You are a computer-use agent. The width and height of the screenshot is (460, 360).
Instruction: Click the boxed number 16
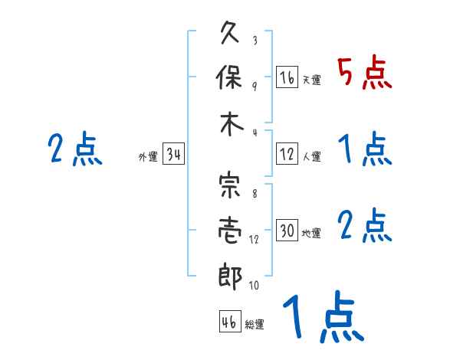287,77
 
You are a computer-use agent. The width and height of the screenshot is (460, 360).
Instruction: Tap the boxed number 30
287,231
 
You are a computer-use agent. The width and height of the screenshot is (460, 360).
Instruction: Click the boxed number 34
173,155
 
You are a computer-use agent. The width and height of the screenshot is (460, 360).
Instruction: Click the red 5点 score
364,74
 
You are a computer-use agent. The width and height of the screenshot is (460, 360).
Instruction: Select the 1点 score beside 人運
365,149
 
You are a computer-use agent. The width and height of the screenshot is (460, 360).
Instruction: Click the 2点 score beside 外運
74,149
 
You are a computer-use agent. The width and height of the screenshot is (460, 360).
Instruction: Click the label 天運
312,80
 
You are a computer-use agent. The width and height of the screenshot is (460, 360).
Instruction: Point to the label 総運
255,324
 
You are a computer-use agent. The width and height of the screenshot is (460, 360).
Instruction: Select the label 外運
148,157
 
